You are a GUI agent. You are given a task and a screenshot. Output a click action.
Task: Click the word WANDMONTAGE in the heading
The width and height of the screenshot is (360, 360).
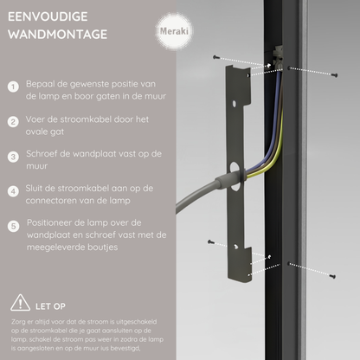click(x=57, y=35)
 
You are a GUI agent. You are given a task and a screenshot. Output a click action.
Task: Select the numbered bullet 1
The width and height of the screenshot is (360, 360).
click(x=13, y=87)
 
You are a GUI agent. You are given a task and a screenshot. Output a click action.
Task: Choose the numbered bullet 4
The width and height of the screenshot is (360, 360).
click(x=13, y=191)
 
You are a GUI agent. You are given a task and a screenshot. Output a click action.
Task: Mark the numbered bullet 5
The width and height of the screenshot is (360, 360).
click(x=13, y=226)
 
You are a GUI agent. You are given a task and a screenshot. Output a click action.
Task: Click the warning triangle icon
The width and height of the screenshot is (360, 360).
click(x=18, y=304)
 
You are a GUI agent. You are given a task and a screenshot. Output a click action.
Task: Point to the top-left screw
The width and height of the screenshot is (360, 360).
click(x=216, y=57)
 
